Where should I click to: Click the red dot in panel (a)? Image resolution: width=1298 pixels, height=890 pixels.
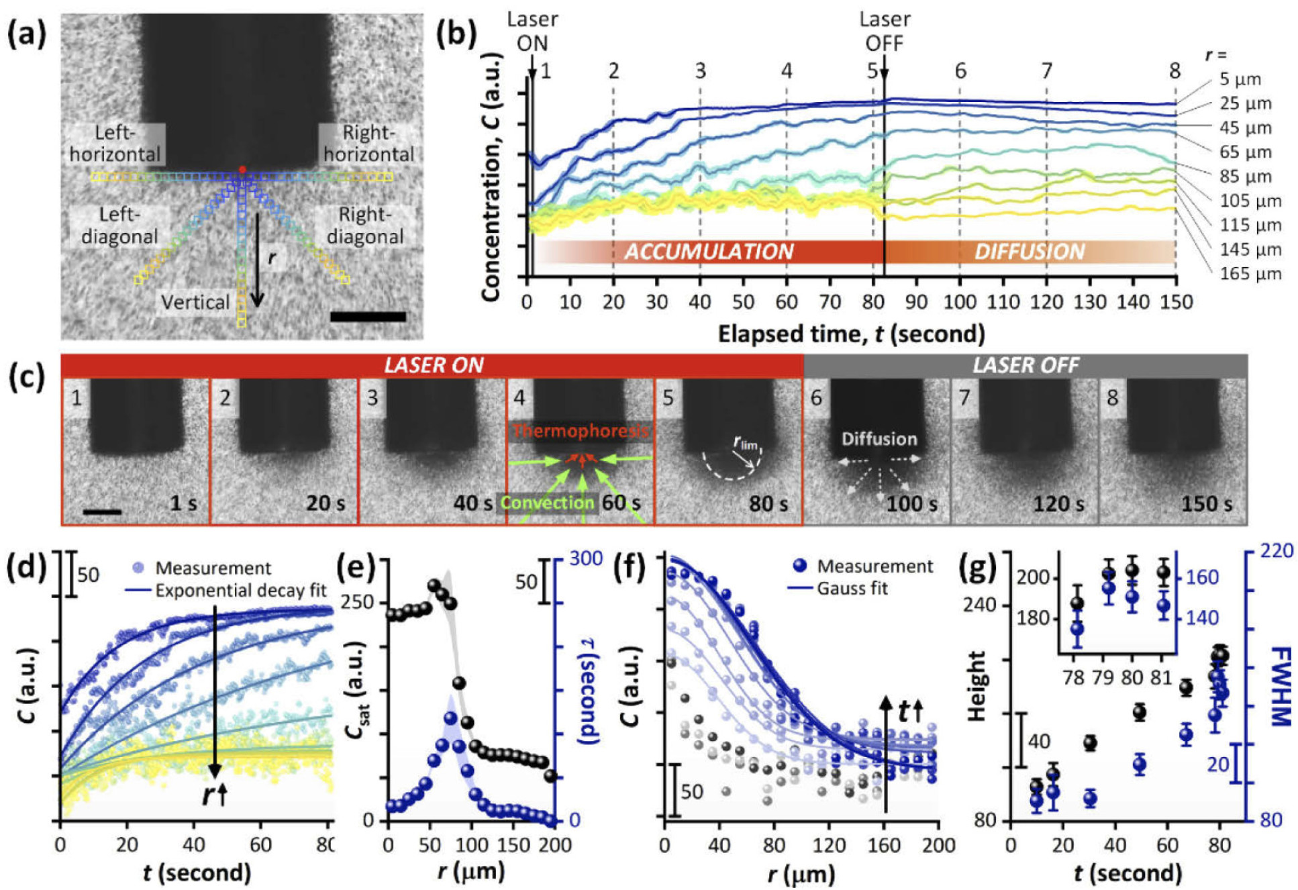[242, 169]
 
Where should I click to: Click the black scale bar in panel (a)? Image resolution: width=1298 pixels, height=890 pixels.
[368, 316]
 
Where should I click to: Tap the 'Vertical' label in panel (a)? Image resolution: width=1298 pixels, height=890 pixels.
[195, 302]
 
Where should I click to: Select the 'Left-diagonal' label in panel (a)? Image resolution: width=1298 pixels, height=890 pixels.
[119, 226]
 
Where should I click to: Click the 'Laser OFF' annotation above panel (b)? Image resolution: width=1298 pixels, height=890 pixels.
[884, 31]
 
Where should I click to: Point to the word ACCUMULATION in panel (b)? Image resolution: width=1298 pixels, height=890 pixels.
[709, 252]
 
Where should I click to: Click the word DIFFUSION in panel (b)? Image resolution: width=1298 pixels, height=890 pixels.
[1030, 252]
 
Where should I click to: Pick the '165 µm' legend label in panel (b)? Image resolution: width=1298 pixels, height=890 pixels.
[1250, 274]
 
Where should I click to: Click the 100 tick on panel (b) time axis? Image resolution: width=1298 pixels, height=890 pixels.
[960, 302]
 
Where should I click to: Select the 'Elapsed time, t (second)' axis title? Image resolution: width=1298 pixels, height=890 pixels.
[851, 334]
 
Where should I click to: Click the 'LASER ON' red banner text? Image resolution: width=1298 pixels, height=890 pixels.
[434, 365]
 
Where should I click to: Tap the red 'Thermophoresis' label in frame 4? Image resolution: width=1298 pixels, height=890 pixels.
[581, 431]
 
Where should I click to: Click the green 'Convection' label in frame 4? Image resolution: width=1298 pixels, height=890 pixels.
[547, 503]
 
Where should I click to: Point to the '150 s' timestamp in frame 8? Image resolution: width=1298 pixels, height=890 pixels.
[1206, 503]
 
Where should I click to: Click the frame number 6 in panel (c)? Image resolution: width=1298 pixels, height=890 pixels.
[816, 397]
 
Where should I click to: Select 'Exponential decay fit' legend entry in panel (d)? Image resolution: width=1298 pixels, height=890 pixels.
[240, 591]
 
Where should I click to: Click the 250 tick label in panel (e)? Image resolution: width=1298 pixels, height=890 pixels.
[358, 602]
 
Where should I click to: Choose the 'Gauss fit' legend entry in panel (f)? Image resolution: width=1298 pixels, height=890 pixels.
[852, 589]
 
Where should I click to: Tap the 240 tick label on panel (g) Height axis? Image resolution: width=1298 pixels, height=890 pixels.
[981, 605]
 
